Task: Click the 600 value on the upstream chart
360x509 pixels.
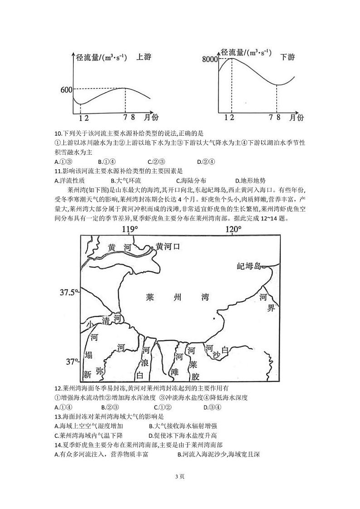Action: tap(66, 89)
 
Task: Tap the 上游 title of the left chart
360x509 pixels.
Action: tap(144, 58)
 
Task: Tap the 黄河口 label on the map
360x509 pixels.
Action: tap(168, 246)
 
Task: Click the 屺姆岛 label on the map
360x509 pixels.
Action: tap(250, 266)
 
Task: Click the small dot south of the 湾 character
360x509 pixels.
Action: tap(214, 319)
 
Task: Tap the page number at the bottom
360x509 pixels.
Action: tap(180, 476)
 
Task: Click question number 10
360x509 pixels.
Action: tap(58, 133)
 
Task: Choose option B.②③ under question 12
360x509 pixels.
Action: tap(110, 407)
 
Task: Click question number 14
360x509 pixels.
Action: tap(58, 444)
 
